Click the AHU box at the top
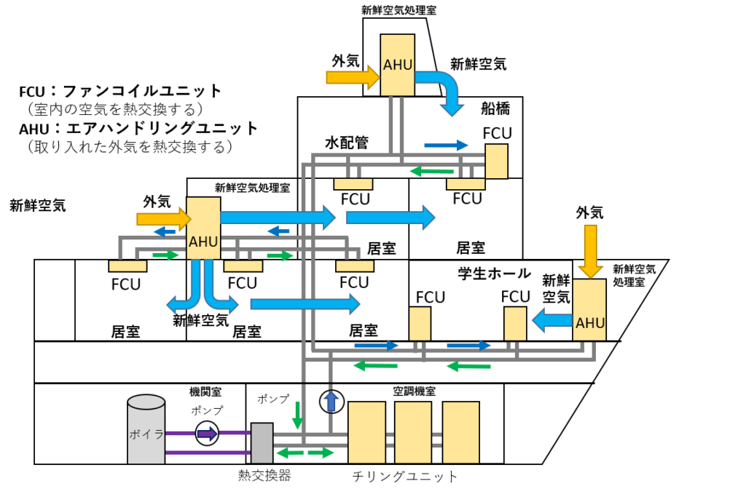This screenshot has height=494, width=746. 397,65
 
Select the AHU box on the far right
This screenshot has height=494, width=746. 589,310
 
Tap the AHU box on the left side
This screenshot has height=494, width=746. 203,228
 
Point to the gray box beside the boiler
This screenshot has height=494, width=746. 262,443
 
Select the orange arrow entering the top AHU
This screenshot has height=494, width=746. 352,77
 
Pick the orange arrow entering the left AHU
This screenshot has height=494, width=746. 162,218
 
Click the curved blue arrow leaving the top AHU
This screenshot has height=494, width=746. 447,90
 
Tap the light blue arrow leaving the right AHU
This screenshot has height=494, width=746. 551,320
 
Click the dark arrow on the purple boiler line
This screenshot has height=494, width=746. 208,434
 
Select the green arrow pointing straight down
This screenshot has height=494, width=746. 297,415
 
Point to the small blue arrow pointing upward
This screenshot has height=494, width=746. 331,402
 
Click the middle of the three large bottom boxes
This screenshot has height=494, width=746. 413,432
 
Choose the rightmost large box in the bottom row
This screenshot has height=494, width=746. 460,432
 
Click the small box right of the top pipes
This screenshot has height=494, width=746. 496,161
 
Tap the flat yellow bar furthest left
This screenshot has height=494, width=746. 127,266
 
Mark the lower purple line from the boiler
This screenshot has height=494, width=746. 208,453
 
